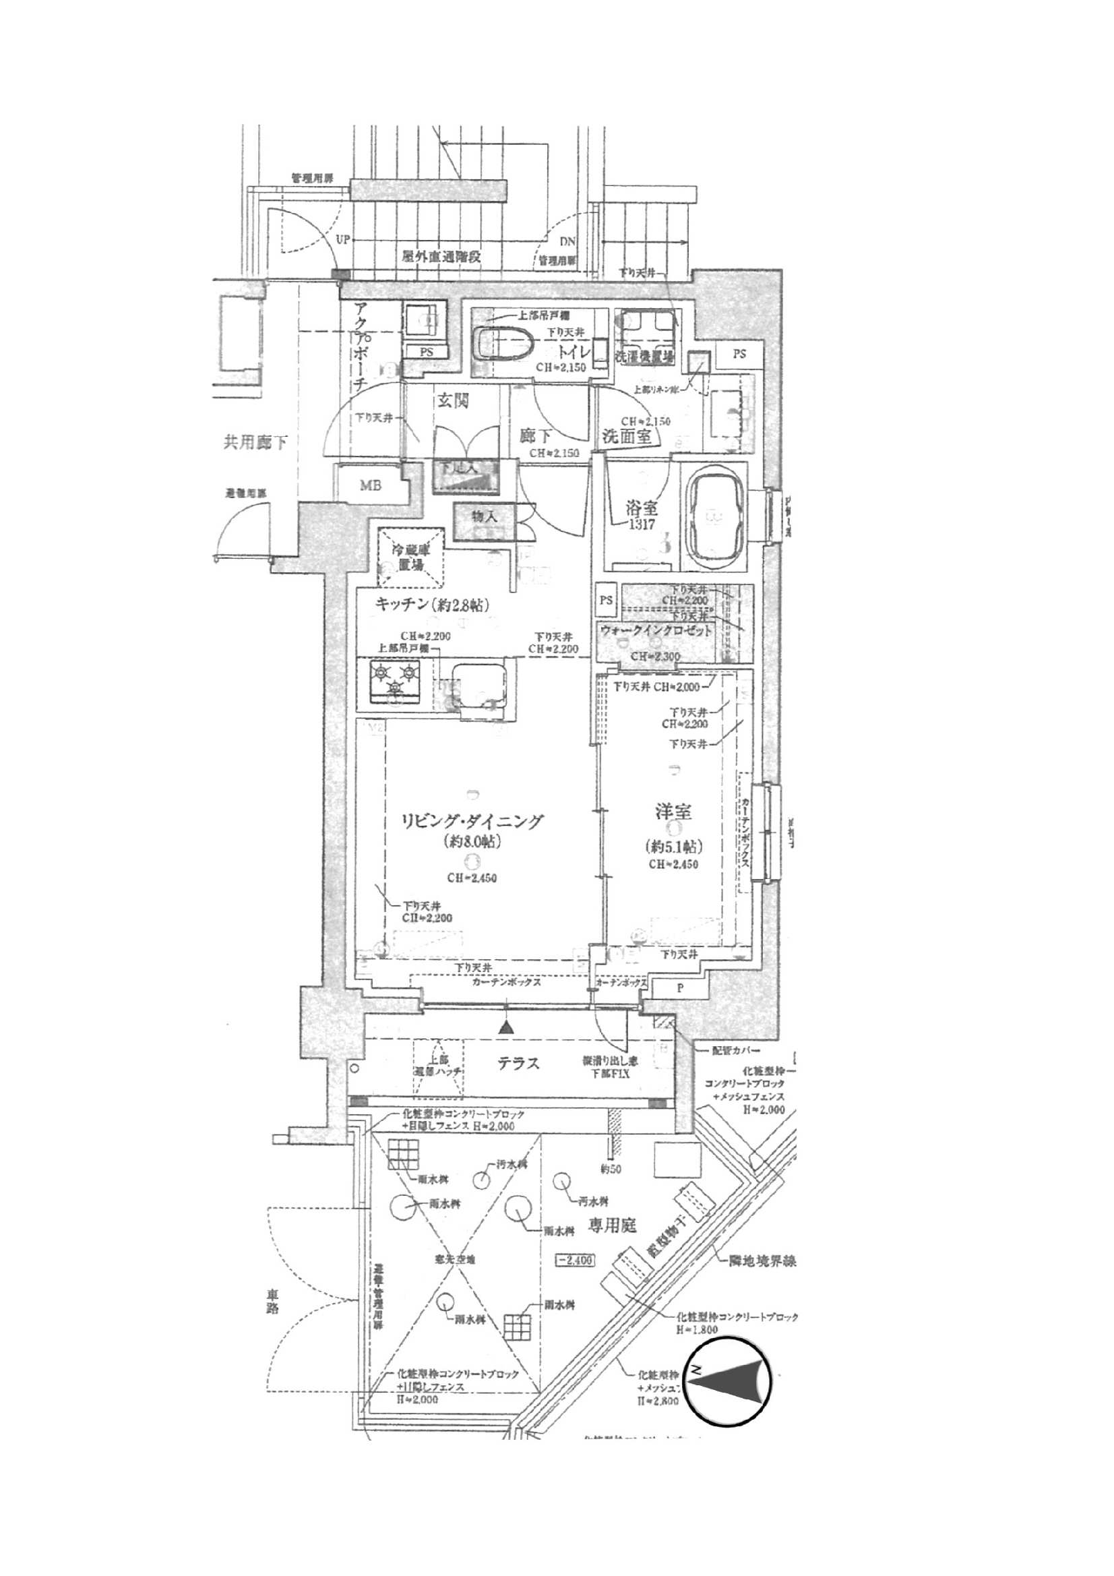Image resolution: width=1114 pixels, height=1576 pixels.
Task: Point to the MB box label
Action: tap(371, 486)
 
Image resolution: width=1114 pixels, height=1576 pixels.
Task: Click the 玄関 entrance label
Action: tap(453, 401)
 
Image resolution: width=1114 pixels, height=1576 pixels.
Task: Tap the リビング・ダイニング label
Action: tap(474, 821)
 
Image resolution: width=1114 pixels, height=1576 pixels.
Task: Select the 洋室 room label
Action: tap(673, 812)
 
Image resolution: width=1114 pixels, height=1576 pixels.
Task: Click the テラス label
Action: tap(518, 1063)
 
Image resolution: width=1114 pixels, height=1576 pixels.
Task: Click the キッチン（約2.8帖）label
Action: tap(432, 605)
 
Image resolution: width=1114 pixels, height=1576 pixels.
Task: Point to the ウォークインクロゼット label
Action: tap(656, 630)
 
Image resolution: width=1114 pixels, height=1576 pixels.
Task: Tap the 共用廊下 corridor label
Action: tap(255, 443)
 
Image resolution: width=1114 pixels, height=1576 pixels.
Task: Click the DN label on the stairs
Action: tap(567, 241)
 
